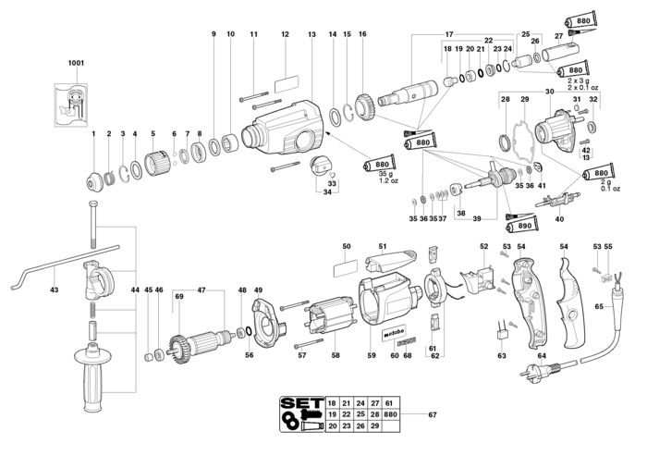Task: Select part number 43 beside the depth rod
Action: click(x=55, y=290)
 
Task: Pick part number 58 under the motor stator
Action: click(x=336, y=355)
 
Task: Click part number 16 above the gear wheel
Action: click(x=362, y=35)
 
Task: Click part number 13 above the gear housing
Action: click(x=311, y=35)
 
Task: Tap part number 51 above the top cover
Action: click(x=382, y=246)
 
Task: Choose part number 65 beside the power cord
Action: click(x=599, y=304)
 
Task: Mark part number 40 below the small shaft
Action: click(x=558, y=220)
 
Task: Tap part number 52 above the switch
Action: click(x=483, y=246)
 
